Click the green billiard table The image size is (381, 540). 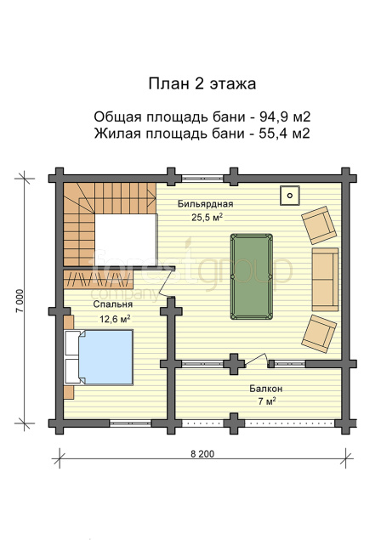[252, 277]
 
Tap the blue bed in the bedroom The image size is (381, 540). [99, 357]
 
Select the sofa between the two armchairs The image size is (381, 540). [325, 279]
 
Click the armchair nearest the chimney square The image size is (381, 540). [319, 225]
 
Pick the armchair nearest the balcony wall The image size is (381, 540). [319, 333]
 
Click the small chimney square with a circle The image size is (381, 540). [290, 196]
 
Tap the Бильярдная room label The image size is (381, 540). [205, 204]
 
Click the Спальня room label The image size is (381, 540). [112, 304]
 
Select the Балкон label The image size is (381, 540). [266, 389]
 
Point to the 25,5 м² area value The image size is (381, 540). [207, 218]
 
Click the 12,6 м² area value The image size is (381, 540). [115, 319]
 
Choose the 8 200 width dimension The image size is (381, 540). [202, 454]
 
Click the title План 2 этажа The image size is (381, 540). [202, 84]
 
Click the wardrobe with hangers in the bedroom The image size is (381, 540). [99, 280]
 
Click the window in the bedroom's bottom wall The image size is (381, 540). [130, 423]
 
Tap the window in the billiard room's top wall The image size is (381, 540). [202, 179]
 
